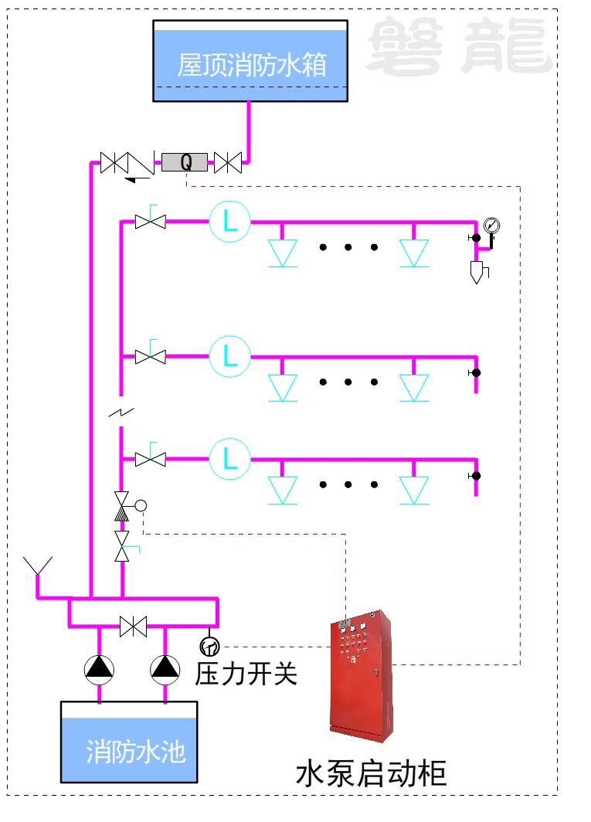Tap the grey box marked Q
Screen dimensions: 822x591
[185, 162]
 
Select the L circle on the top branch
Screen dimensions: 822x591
[230, 222]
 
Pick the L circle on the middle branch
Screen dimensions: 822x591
[230, 356]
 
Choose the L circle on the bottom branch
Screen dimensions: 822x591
[230, 459]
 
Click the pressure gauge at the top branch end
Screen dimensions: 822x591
[491, 226]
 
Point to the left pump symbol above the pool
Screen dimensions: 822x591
[99, 669]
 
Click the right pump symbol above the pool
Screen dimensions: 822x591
[165, 669]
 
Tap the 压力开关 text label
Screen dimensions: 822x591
[246, 673]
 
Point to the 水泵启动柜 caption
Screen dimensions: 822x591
[372, 773]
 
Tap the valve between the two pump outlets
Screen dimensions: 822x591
[133, 627]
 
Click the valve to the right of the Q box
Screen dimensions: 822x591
[228, 162]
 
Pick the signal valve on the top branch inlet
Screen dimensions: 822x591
[150, 222]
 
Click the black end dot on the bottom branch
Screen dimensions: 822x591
[476, 475]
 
